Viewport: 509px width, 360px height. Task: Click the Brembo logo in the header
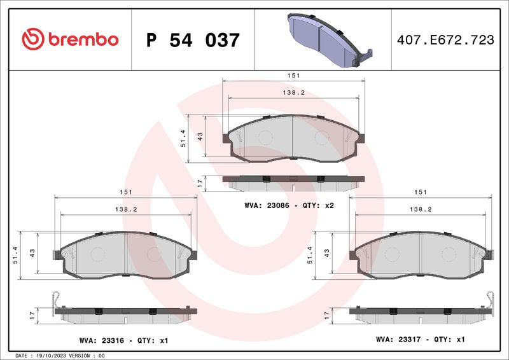[70, 39]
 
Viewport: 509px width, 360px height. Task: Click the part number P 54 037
[193, 40]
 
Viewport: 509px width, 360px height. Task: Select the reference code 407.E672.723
[445, 40]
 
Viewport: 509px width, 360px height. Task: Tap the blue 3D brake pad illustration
[330, 40]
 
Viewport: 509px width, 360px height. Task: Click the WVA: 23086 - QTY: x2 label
[289, 205]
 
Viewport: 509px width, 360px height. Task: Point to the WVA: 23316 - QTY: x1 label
[123, 340]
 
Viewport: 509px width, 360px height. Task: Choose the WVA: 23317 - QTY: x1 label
[421, 340]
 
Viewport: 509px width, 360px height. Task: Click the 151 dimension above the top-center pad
[293, 75]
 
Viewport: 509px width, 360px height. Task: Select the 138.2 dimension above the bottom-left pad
[126, 209]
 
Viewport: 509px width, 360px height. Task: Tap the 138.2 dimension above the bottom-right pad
[421, 209]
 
